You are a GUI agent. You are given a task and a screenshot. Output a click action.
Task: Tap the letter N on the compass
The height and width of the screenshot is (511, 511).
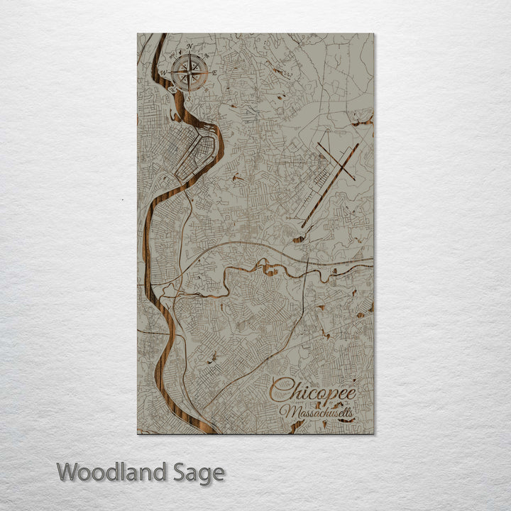point(189,48)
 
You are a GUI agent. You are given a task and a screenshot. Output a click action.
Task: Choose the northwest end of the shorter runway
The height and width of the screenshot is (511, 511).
point(319,145)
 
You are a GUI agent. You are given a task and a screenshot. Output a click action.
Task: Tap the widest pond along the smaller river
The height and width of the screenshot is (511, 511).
point(270,268)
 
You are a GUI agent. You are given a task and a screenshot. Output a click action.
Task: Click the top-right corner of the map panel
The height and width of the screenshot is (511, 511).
point(373,34)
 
